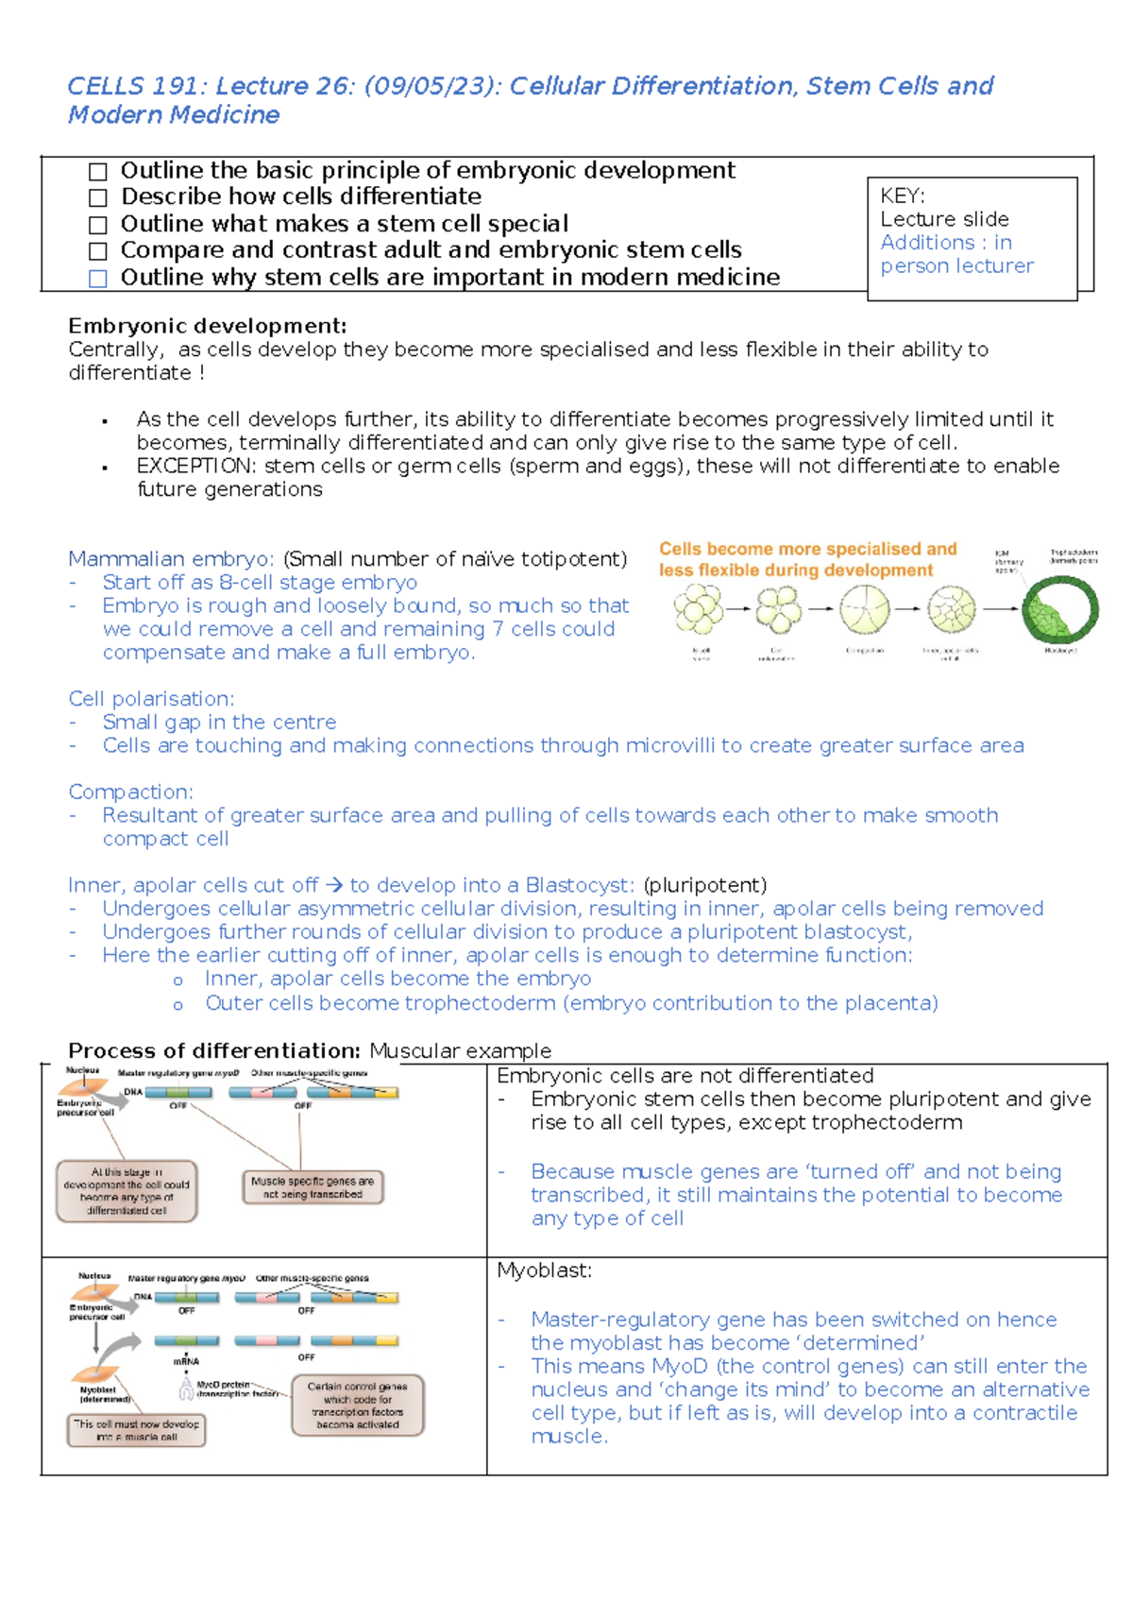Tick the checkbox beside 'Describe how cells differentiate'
[x=98, y=198]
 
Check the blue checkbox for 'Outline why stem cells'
[x=98, y=279]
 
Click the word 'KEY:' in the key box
[x=903, y=196]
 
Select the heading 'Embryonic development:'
[x=207, y=326]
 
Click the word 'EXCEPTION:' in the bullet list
[x=196, y=467]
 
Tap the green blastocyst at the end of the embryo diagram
[x=1060, y=610]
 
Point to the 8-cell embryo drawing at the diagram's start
[x=699, y=609]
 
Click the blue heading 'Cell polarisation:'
[x=151, y=699]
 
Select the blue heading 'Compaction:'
[x=130, y=792]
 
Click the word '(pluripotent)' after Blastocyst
[x=704, y=885]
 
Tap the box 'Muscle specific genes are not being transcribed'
[x=313, y=1187]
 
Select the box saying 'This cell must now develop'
[x=137, y=1430]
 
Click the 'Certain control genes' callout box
[x=358, y=1406]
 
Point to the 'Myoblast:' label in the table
[x=544, y=1271]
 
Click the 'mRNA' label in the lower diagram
[x=186, y=1362]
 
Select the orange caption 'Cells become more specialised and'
[x=807, y=549]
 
